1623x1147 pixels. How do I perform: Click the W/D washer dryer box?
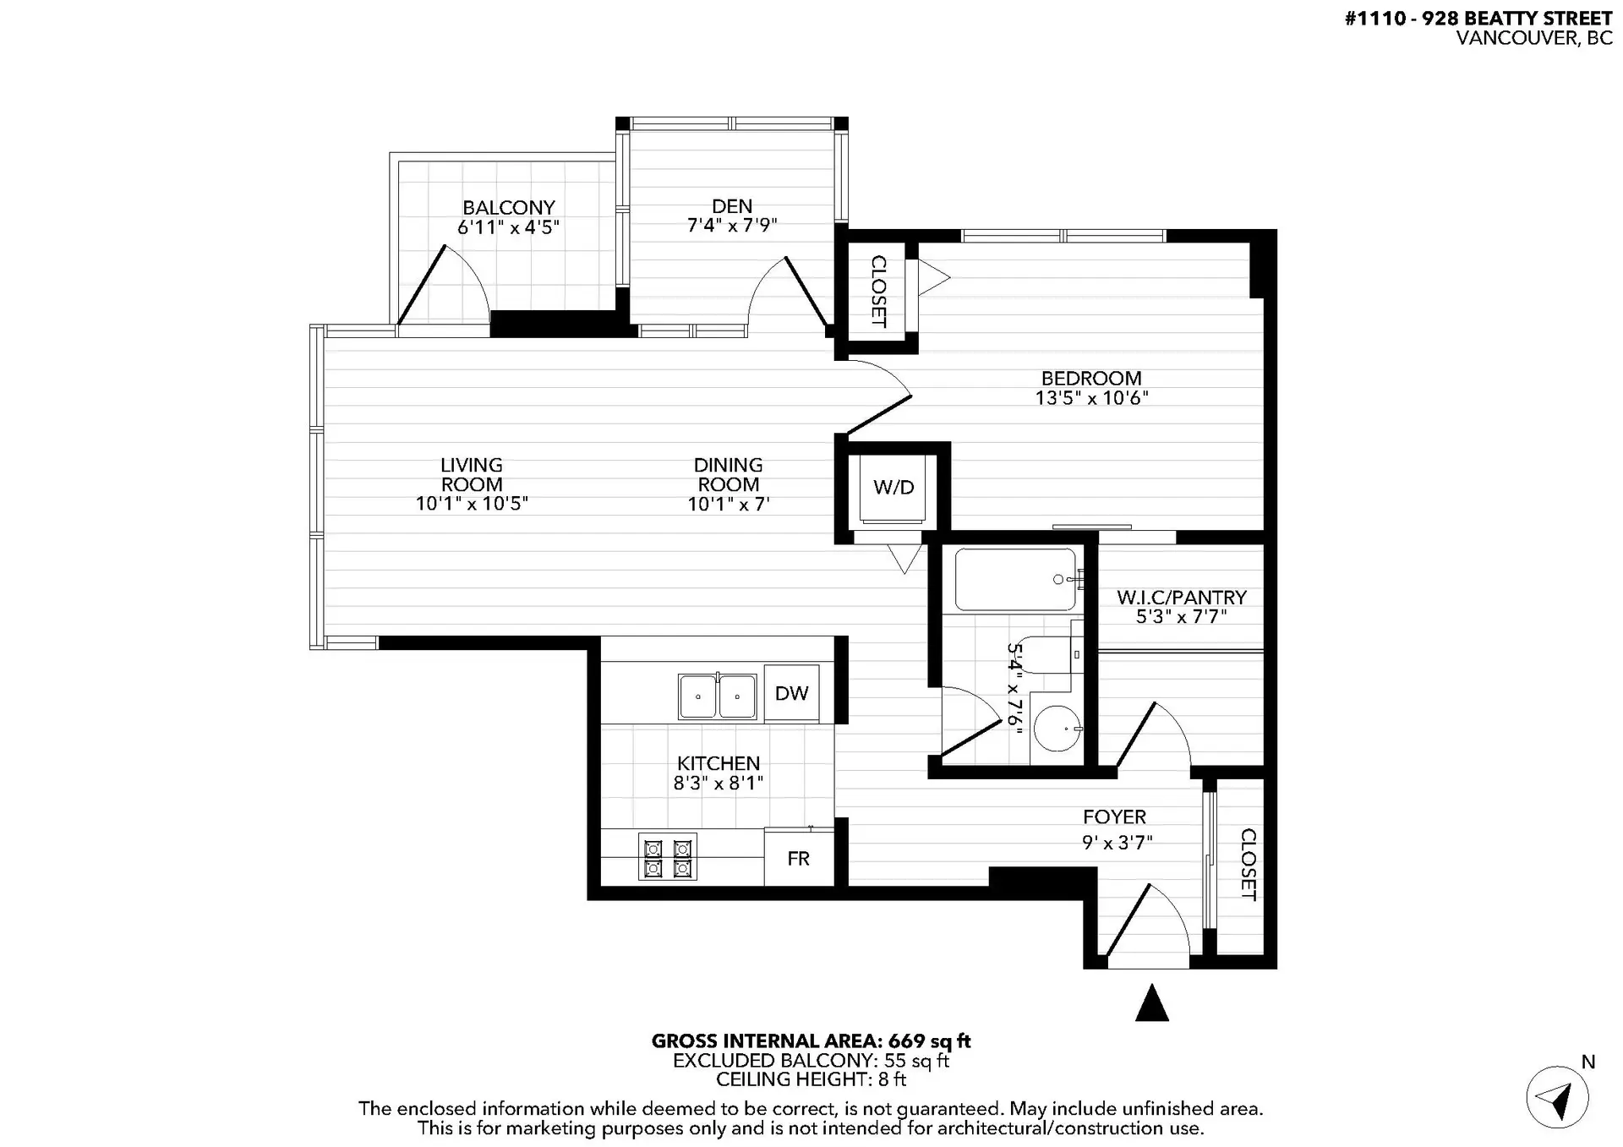(x=893, y=488)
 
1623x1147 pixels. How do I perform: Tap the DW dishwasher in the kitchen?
(x=791, y=693)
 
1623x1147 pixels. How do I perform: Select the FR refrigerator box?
(x=798, y=859)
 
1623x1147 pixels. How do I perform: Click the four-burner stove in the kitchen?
(x=668, y=857)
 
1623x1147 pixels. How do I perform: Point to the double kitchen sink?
(x=718, y=696)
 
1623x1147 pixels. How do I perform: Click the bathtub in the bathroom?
(x=1015, y=580)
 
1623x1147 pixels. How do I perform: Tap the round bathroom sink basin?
(x=1057, y=728)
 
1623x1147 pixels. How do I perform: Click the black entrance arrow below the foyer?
(x=1151, y=1003)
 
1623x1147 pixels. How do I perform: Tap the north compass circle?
(x=1557, y=1098)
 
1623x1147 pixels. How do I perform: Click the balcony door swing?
(x=444, y=286)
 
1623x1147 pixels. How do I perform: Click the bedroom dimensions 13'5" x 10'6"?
(x=1091, y=398)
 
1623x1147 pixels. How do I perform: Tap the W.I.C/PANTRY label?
(x=1181, y=598)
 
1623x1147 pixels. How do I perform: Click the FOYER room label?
(x=1114, y=817)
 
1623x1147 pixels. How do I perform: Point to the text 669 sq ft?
(x=929, y=1041)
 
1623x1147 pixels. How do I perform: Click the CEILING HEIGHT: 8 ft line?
(x=811, y=1079)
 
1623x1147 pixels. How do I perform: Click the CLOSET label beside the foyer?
(x=1248, y=864)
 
